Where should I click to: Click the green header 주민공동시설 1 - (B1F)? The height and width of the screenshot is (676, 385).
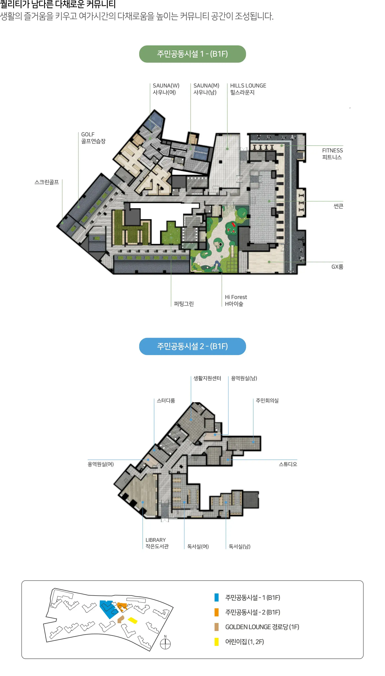192,54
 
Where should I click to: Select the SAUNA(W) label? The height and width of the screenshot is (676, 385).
166,89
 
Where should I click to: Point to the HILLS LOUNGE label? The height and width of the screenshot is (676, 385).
248,89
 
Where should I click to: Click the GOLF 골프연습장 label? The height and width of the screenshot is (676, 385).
93,138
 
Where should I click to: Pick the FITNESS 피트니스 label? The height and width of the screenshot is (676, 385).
332,154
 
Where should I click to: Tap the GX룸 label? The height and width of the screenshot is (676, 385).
337,267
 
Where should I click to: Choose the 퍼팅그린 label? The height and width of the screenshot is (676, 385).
184,304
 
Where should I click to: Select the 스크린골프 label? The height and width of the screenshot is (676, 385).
47,182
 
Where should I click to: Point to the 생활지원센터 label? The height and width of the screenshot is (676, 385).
207,378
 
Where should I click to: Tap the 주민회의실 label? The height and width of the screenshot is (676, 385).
267,401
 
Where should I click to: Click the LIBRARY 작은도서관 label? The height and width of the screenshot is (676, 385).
157,543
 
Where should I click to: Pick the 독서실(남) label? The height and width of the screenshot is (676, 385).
239,546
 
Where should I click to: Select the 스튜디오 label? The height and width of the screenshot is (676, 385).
288,464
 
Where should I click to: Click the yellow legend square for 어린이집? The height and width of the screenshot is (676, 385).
216,642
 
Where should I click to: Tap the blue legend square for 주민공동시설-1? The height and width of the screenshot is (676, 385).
216,597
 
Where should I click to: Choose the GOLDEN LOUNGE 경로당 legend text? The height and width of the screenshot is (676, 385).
262,627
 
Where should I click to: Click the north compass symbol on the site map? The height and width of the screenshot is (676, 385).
165,644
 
